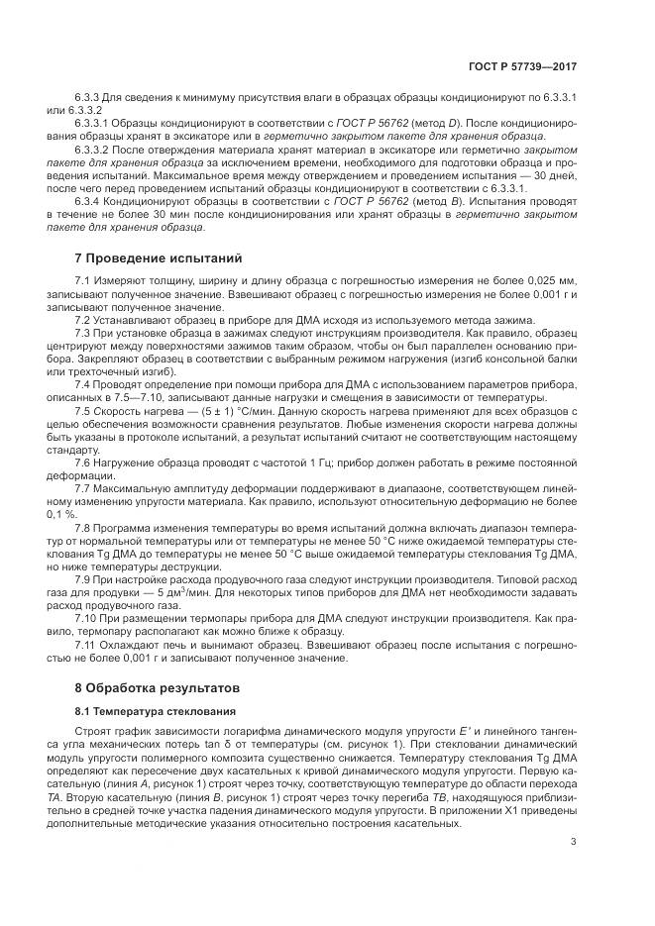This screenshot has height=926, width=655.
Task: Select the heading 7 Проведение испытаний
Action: (x=159, y=259)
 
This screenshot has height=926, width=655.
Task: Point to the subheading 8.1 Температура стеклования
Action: (x=156, y=711)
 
